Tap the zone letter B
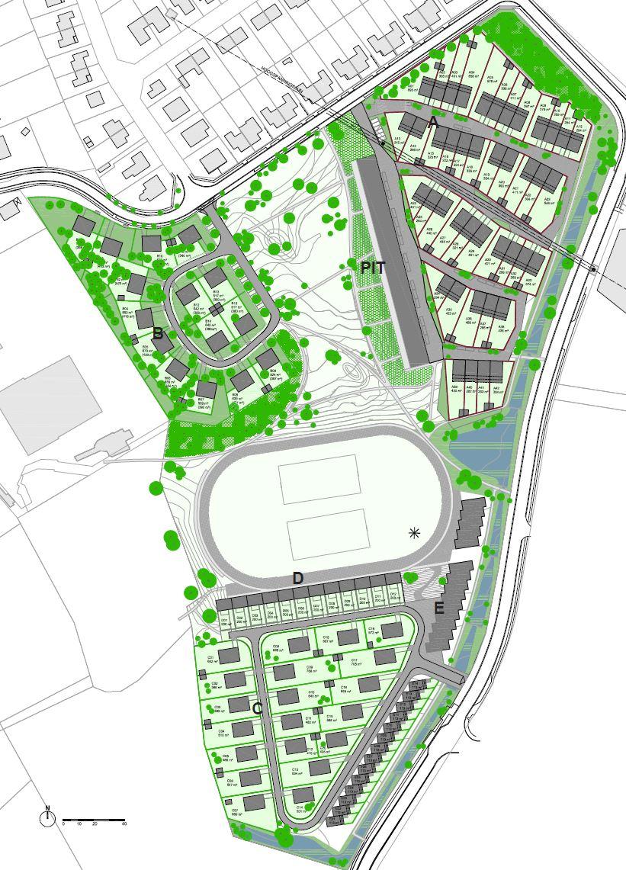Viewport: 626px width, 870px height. tap(158, 333)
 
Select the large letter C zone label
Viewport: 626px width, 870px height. tap(257, 709)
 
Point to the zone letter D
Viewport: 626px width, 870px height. tap(298, 579)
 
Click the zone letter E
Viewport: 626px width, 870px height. tap(439, 608)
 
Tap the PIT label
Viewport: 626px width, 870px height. tap(374, 268)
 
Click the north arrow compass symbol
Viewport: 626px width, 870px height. tap(47, 817)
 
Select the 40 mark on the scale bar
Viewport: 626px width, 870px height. tap(124, 824)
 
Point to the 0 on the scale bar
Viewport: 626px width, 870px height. tap(64, 824)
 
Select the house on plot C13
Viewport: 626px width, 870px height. tap(319, 766)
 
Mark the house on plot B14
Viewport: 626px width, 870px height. tap(217, 340)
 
